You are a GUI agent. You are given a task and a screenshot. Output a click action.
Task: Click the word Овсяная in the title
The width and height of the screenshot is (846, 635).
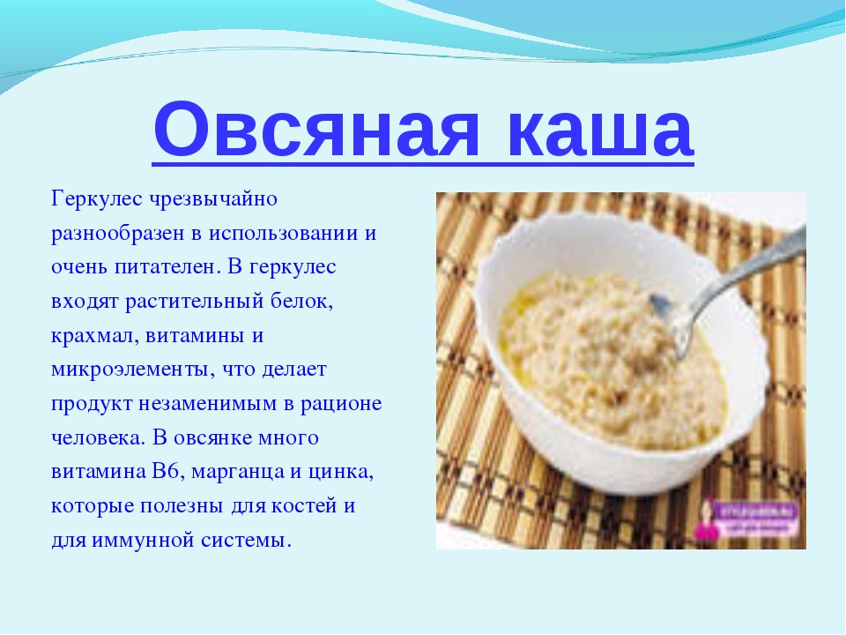point(316,131)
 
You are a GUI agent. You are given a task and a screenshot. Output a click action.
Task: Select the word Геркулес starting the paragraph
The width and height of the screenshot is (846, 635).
point(97,200)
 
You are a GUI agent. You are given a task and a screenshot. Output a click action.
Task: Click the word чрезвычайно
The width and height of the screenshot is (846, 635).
point(213,200)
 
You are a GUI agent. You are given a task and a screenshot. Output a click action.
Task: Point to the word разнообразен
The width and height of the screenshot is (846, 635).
point(117,234)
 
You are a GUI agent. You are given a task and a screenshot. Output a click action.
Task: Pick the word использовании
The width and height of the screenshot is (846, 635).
point(284,234)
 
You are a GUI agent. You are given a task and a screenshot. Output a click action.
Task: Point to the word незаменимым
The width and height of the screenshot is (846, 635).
point(208,405)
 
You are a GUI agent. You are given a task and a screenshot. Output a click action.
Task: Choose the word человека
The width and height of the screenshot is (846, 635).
point(99,438)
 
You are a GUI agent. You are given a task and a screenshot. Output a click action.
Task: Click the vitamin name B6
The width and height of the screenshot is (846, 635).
point(165,471)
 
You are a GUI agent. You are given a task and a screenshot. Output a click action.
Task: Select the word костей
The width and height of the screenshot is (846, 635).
point(304,506)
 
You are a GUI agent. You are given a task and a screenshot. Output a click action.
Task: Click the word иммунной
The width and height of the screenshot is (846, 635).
point(143,541)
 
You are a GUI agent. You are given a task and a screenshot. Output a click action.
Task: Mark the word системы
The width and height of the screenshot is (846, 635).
point(247,541)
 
